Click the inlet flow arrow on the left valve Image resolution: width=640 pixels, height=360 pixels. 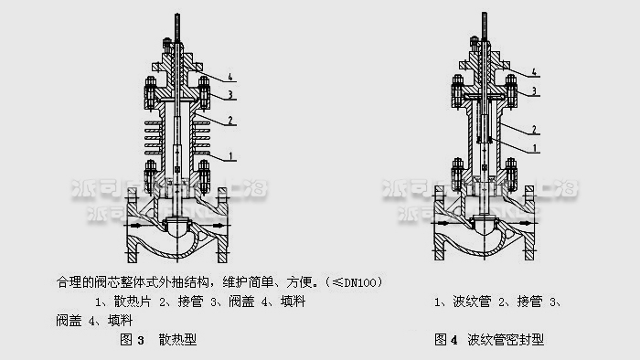click(x=134, y=222)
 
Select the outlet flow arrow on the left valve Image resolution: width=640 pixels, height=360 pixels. click(x=217, y=222)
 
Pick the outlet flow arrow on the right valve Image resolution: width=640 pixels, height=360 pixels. click(x=525, y=222)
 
